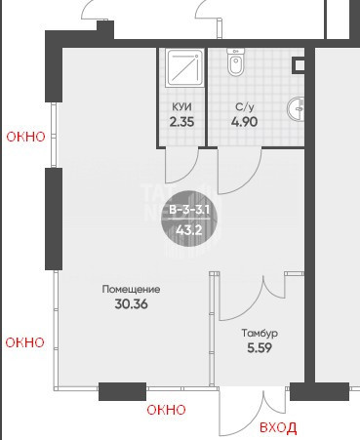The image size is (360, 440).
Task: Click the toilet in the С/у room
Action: [x=235, y=62]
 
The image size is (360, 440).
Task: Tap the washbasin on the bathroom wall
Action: [x=296, y=108]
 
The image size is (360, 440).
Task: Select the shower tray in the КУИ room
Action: [x=184, y=67]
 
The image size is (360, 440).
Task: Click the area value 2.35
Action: [x=181, y=122]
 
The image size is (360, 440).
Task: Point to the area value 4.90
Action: [x=244, y=122]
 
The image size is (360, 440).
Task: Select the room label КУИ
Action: [x=181, y=106]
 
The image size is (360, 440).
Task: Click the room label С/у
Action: [x=244, y=107]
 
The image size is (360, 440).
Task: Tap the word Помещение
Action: [x=131, y=289]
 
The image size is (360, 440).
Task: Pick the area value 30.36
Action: [x=131, y=304]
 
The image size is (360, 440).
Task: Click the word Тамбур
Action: [x=260, y=334]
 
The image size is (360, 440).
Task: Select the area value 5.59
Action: [x=260, y=348]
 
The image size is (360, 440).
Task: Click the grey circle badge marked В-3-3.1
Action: [x=189, y=219]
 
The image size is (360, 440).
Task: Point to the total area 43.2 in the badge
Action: [x=189, y=230]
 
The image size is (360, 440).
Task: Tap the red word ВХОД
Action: [x=278, y=427]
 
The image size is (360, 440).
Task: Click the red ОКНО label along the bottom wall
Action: [x=166, y=410]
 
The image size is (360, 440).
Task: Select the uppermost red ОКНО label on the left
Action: [x=26, y=137]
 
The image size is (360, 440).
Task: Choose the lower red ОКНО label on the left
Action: [x=25, y=342]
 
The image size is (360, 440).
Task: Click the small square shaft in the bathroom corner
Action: [x=299, y=65]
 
